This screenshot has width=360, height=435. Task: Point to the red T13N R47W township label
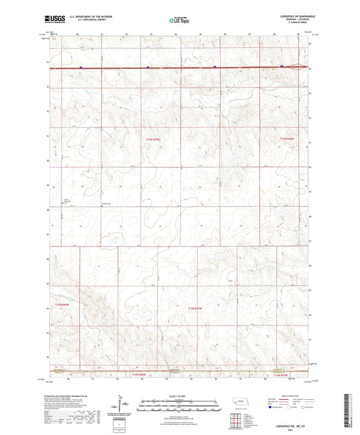click(154, 138)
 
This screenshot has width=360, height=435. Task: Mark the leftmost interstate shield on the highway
click(81, 68)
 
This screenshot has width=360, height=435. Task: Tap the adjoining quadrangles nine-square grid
click(235, 420)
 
